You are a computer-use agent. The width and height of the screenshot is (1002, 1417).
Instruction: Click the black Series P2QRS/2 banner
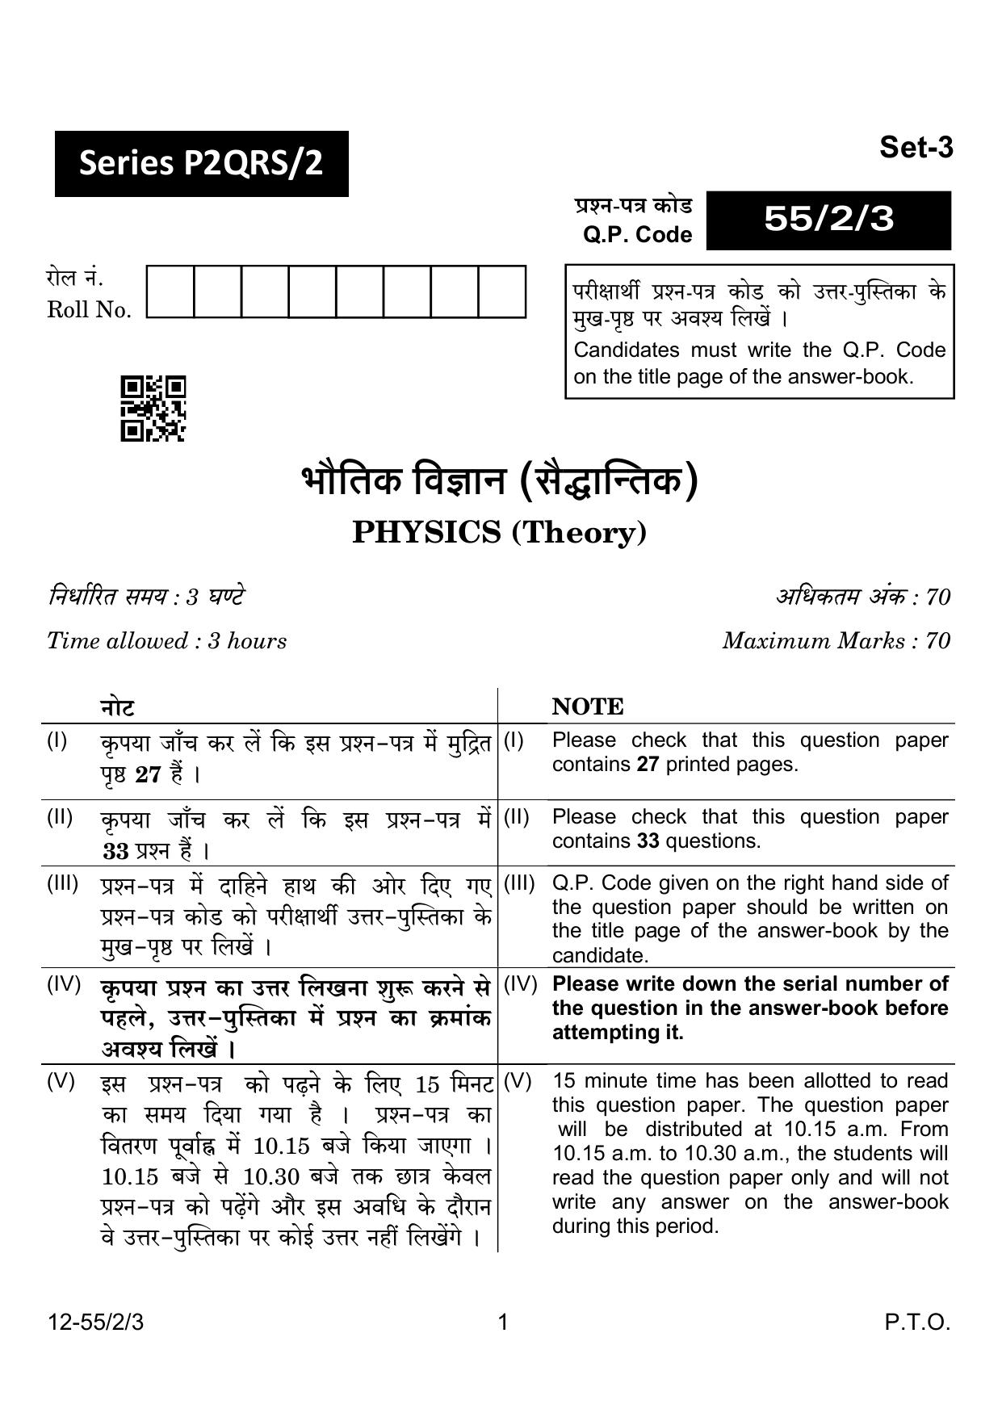pyautogui.click(x=201, y=164)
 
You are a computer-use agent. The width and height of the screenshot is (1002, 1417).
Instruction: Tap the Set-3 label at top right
pyautogui.click(x=916, y=148)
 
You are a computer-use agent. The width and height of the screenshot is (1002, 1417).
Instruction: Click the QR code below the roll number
pyautogui.click(x=153, y=409)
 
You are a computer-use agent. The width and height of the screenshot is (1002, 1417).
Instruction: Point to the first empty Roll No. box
pyautogui.click(x=170, y=291)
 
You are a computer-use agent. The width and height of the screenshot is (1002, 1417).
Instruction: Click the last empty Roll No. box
pyautogui.click(x=501, y=291)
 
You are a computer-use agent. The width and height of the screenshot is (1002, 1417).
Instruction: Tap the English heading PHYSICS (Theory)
pyautogui.click(x=499, y=533)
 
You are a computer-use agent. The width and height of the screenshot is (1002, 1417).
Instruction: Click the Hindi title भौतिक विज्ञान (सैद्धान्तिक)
pyautogui.click(x=499, y=483)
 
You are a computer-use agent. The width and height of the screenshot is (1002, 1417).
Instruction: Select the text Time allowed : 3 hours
pyautogui.click(x=166, y=641)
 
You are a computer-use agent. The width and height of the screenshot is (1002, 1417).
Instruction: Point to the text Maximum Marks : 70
pyautogui.click(x=836, y=641)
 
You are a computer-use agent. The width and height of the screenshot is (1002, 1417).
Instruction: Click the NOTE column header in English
pyautogui.click(x=588, y=707)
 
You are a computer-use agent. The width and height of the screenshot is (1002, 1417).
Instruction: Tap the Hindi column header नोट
pyautogui.click(x=117, y=707)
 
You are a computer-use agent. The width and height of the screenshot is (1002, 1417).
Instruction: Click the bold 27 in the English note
pyautogui.click(x=648, y=765)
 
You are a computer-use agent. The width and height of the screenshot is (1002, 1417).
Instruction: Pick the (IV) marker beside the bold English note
pyautogui.click(x=520, y=984)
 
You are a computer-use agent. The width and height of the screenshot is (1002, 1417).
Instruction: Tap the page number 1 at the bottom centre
pyautogui.click(x=503, y=1323)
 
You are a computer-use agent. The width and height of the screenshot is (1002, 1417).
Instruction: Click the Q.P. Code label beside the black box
pyautogui.click(x=637, y=235)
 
